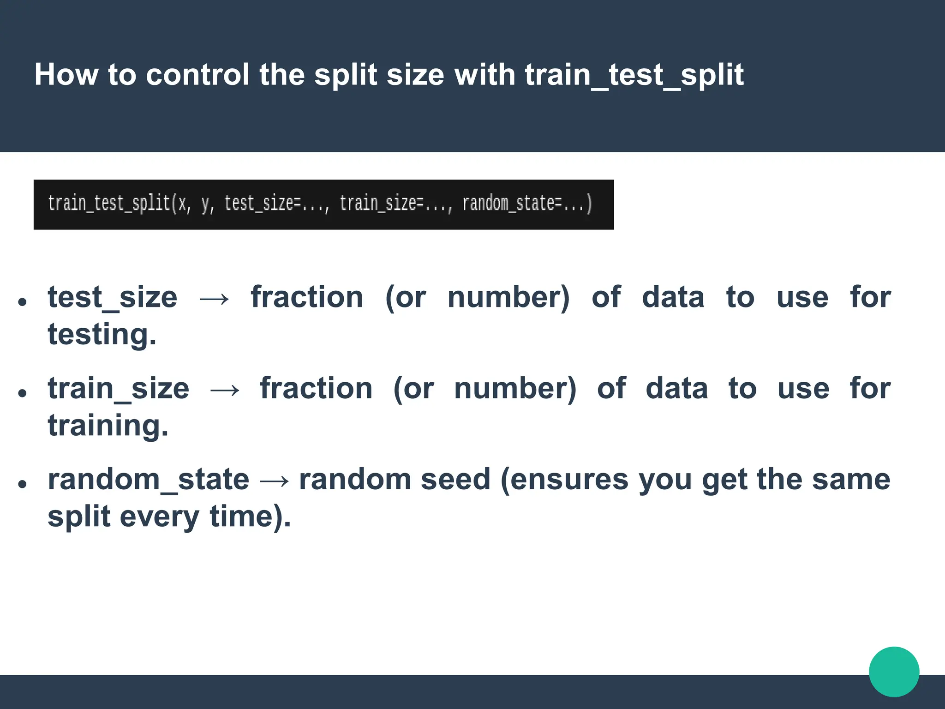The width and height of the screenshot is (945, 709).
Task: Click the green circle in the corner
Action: tap(894, 672)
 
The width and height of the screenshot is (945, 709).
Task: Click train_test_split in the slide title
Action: tap(634, 75)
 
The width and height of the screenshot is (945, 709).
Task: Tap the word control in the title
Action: tap(197, 75)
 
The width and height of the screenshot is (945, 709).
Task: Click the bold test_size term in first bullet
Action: tap(113, 297)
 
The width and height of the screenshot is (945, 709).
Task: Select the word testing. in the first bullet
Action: tap(102, 334)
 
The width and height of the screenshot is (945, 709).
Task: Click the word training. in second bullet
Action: tap(108, 425)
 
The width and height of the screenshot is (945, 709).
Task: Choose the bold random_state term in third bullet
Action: tap(148, 480)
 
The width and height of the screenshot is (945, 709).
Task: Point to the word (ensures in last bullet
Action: tap(564, 480)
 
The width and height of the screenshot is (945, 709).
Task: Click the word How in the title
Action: tap(66, 75)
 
